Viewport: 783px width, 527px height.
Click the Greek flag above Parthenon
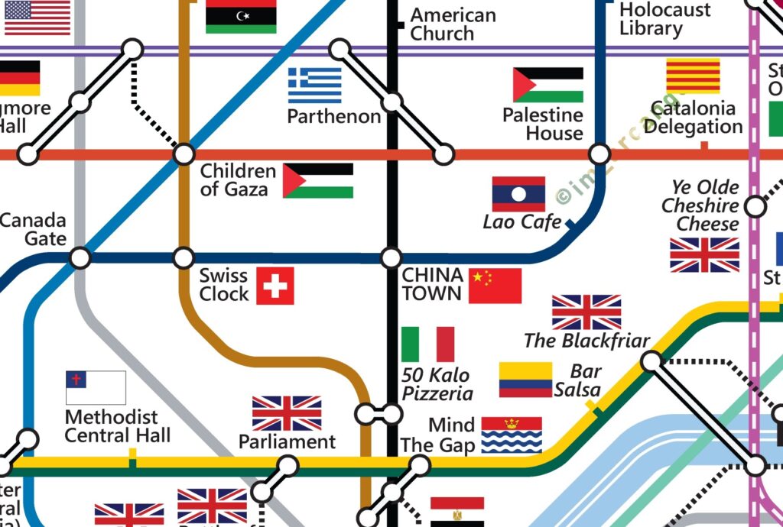click(x=314, y=86)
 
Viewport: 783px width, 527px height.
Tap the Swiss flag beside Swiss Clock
click(x=275, y=286)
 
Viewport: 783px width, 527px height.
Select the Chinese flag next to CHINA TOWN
click(x=495, y=286)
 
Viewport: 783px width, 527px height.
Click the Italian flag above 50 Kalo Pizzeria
click(x=427, y=344)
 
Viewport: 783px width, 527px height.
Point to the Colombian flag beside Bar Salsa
click(x=525, y=380)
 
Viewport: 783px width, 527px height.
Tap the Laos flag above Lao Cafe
click(x=518, y=194)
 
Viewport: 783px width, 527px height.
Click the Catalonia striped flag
click(x=693, y=76)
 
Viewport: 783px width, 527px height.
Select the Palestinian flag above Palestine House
click(x=547, y=85)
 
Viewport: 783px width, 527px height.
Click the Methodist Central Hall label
click(x=117, y=426)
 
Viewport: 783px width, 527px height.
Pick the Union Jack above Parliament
click(x=287, y=413)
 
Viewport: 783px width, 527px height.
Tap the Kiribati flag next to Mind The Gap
click(x=512, y=435)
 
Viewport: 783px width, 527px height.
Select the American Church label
click(x=453, y=24)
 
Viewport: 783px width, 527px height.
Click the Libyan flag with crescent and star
click(x=241, y=16)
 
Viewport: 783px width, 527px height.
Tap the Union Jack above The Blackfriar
click(x=586, y=312)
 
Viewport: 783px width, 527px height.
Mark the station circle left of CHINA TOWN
click(x=391, y=257)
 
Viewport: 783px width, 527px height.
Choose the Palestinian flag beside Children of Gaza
click(x=318, y=180)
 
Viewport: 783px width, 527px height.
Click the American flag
click(x=37, y=17)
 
